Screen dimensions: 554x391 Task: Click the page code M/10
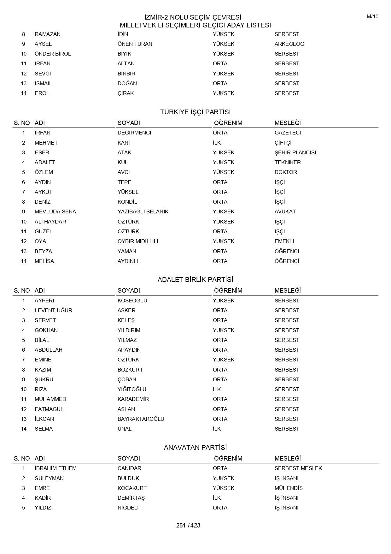point(372,17)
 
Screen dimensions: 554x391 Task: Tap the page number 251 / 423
point(188,525)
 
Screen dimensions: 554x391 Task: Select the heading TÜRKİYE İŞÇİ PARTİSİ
point(195,112)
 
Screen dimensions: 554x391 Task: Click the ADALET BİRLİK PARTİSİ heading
point(195,280)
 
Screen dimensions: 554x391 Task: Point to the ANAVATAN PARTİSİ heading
point(195,448)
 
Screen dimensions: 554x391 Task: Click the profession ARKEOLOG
point(289,44)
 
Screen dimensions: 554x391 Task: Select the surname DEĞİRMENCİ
point(134,133)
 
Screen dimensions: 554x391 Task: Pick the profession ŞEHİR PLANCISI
point(295,152)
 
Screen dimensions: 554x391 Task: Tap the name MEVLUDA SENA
point(55,211)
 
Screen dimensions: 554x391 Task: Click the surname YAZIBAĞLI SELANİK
point(143,211)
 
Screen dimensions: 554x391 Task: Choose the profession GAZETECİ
point(288,133)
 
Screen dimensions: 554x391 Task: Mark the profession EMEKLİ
point(284,241)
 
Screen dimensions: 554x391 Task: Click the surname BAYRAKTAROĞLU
point(141,419)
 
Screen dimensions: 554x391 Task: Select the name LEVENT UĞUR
point(53,310)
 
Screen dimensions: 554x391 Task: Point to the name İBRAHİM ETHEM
point(55,468)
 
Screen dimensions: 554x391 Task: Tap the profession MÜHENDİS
point(289,488)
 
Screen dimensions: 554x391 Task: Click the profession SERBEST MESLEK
point(298,468)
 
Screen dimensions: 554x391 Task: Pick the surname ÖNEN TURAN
point(135,44)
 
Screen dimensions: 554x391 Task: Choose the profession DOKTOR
point(286,172)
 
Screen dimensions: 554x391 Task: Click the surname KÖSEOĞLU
point(132,301)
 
